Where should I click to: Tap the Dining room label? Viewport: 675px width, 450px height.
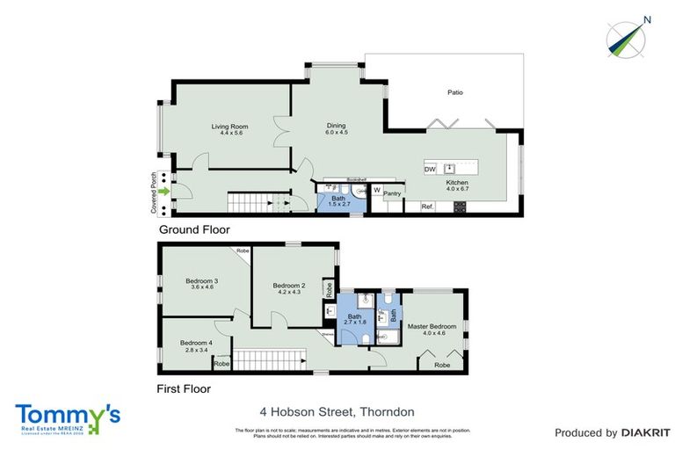(x=337, y=127)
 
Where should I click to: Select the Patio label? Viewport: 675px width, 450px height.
(x=454, y=91)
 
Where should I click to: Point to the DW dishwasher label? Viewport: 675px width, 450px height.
(x=430, y=169)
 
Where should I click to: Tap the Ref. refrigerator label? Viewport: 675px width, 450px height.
(x=428, y=207)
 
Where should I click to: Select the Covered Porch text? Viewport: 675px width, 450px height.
(x=154, y=192)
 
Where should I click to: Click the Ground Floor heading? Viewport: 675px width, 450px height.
(x=193, y=230)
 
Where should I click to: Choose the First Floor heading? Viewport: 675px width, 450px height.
(x=185, y=388)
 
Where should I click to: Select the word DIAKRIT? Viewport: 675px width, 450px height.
(x=646, y=432)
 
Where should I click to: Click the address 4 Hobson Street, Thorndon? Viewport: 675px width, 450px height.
(x=337, y=411)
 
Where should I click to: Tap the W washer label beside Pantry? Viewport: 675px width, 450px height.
(x=376, y=189)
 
